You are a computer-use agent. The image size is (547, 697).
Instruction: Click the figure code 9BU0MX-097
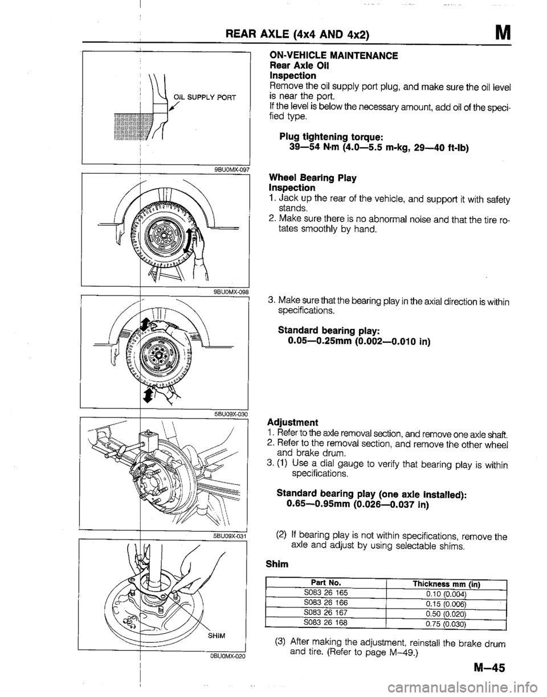pos(227,169)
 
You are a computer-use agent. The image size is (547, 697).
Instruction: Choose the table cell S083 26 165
pos(326,593)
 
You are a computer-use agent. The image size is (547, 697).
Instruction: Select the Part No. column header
pos(325,582)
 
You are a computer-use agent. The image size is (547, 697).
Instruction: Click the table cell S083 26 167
pos(325,613)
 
